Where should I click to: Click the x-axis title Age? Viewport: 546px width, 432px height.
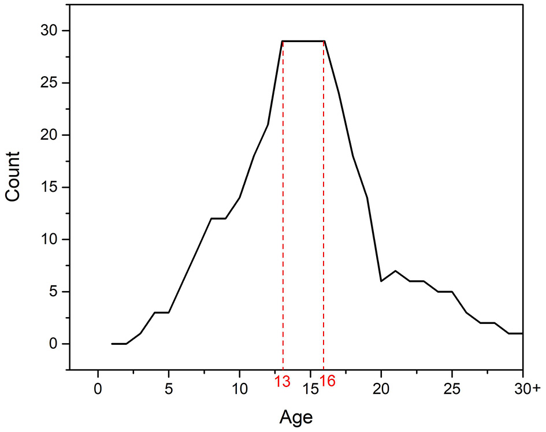(296, 416)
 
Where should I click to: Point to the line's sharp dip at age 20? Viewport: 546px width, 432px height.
(381, 281)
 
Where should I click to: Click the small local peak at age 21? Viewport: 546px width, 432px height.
(395, 271)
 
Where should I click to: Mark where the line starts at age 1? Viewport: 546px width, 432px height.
(112, 344)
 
